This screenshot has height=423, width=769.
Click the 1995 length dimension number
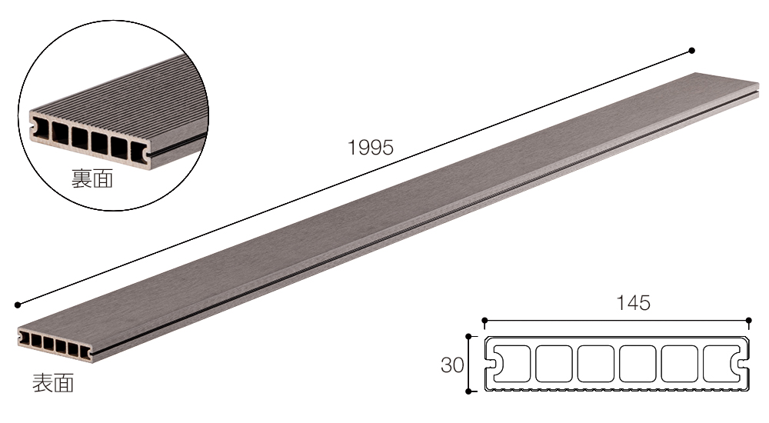coord(371,147)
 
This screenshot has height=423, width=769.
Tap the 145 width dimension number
coord(633,303)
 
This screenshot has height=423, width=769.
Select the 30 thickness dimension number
coord(452,365)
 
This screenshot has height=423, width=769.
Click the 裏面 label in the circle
coord(92,178)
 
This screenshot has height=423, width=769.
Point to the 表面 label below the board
coord(53,383)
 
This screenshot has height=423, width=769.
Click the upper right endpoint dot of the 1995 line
coord(692,51)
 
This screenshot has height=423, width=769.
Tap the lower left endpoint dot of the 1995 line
coord(18,305)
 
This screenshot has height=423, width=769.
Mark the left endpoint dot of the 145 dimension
coord(484,321)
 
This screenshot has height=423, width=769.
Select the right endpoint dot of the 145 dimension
coord(749,321)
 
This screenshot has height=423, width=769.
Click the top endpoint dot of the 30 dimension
coord(468,337)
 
